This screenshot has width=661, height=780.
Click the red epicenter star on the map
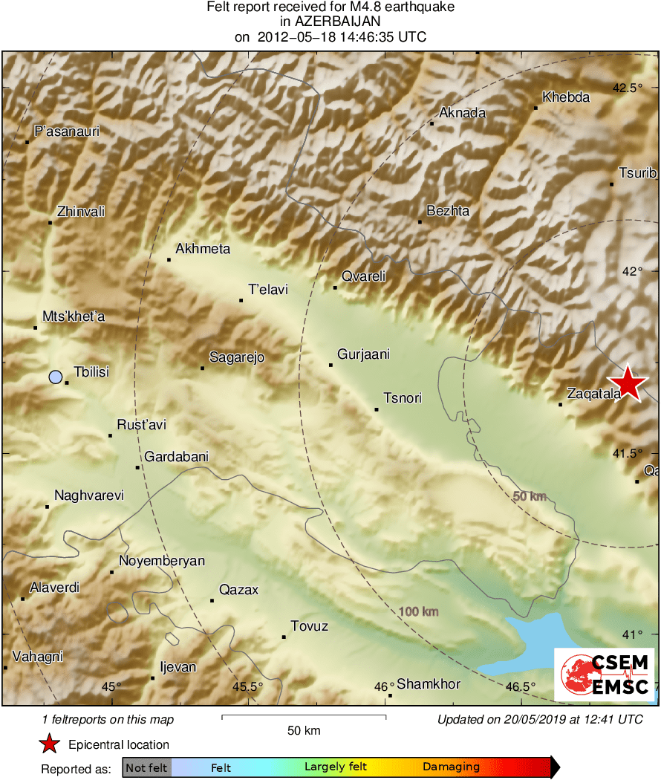[x=628, y=383]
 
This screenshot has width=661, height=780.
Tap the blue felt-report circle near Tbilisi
[x=55, y=377]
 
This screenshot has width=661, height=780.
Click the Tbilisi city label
[x=91, y=371]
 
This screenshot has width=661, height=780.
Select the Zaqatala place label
[x=593, y=394]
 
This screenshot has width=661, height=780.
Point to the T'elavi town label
[x=268, y=290]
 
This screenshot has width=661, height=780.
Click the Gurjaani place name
[x=363, y=354]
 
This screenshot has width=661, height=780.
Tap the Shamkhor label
[x=429, y=684]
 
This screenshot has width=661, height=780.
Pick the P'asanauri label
[x=67, y=131]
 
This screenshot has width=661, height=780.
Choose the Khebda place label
[x=566, y=97]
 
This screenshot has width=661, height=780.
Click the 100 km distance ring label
[x=419, y=611]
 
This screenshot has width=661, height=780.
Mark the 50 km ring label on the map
[x=530, y=496]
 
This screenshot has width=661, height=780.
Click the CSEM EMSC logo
[x=604, y=674]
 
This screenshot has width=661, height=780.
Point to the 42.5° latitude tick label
[x=627, y=88]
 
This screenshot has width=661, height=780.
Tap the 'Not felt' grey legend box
[x=146, y=767]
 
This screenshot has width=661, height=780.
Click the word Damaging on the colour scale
[x=451, y=767]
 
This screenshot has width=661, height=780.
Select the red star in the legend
[x=49, y=744]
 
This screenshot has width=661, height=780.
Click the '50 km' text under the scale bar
[x=304, y=731]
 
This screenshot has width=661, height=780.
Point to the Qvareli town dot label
[x=363, y=277]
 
